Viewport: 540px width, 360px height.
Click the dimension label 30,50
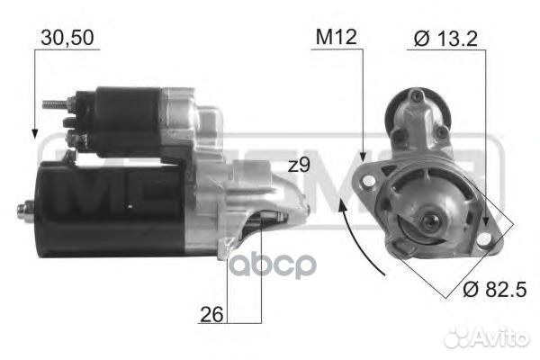pyautogui.click(x=68, y=37)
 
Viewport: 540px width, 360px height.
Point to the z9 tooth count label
pyautogui.click(x=299, y=166)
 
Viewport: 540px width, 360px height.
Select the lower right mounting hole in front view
pyautogui.click(x=485, y=240)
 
